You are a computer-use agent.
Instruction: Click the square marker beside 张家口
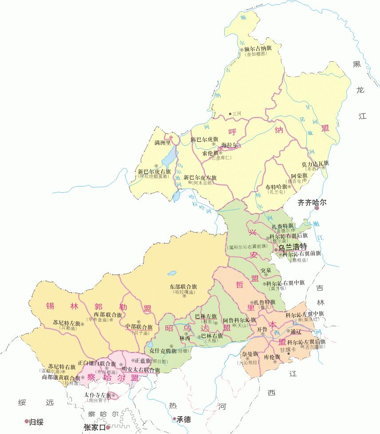tap(107, 428)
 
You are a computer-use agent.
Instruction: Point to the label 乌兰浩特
tap(293, 247)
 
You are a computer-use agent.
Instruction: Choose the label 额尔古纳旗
tap(257, 48)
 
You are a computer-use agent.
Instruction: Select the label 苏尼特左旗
tap(66, 323)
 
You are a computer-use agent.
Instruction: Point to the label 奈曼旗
tap(250, 354)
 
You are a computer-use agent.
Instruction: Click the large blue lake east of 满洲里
tap(169, 156)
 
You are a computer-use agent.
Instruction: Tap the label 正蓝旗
tap(143, 360)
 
